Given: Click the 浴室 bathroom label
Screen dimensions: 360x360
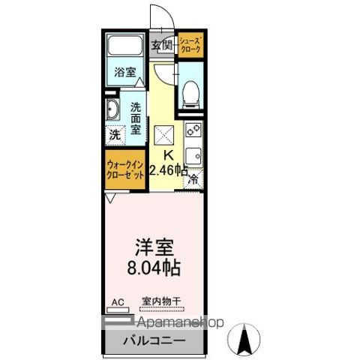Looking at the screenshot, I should click(x=126, y=72).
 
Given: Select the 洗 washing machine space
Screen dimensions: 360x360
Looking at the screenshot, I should click(x=114, y=136).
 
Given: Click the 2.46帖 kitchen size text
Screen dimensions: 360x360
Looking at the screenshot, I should click(x=168, y=169).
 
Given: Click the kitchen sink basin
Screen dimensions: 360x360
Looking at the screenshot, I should click(x=193, y=156).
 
